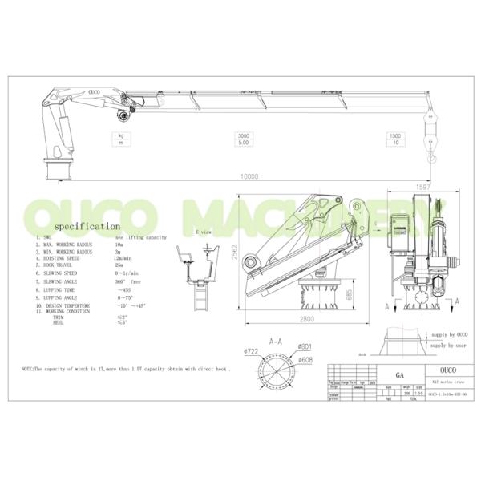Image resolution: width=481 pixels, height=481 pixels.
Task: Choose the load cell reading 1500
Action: pyautogui.click(x=395, y=136)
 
